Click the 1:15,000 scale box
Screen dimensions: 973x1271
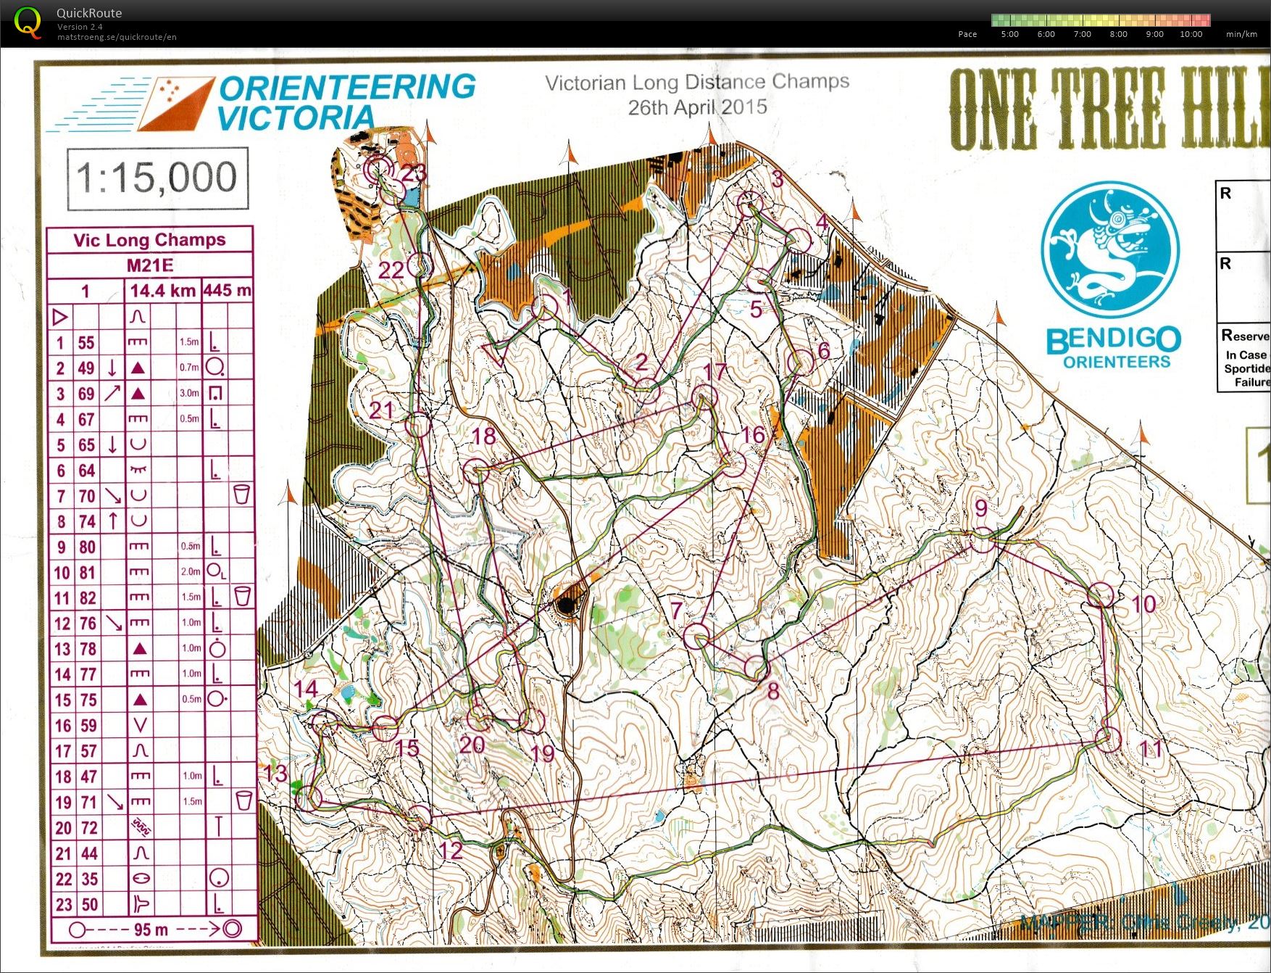(157, 178)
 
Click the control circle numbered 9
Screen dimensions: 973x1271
(983, 539)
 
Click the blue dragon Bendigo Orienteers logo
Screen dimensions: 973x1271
(1109, 250)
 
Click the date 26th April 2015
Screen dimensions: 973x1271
(697, 108)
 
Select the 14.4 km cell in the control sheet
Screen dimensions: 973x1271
(163, 291)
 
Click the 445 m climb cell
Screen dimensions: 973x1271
(228, 291)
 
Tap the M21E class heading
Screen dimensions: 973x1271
(150, 265)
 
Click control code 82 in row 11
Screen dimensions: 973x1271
(87, 598)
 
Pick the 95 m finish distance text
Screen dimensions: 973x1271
(151, 929)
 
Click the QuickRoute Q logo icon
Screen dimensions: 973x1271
(28, 22)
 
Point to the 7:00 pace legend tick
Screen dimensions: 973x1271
(1082, 34)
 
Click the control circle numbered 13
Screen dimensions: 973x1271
(309, 798)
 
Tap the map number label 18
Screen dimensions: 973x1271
(483, 436)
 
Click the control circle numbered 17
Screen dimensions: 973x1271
(704, 397)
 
